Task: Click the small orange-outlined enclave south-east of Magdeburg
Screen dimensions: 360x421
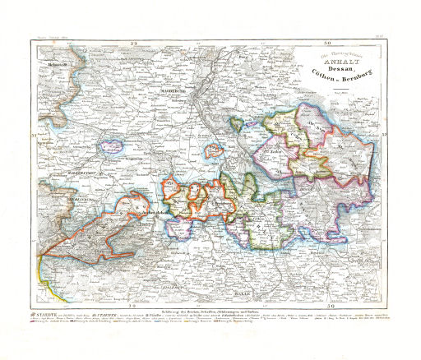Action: click(x=214, y=151)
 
